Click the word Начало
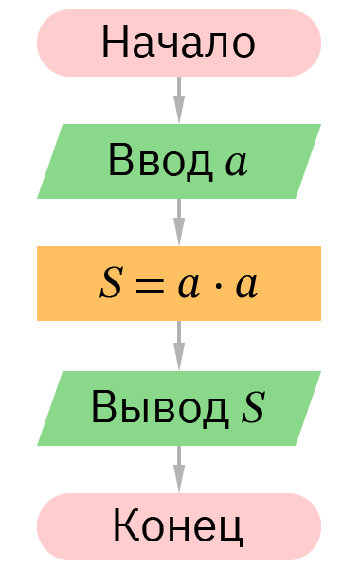coord(178,43)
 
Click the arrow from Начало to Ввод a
coord(179,98)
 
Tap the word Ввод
coord(159,161)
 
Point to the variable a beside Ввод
coord(236,163)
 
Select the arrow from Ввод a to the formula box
coord(179,222)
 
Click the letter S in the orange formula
coord(111,284)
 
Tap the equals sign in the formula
coord(148,285)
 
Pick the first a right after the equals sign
coord(188,286)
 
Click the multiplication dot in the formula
coord(218,285)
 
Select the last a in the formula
coord(246,286)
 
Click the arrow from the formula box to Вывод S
coord(179,346)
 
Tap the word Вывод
coord(159,408)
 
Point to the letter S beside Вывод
coord(252,408)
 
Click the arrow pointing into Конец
coord(179,469)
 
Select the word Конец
coord(178,526)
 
